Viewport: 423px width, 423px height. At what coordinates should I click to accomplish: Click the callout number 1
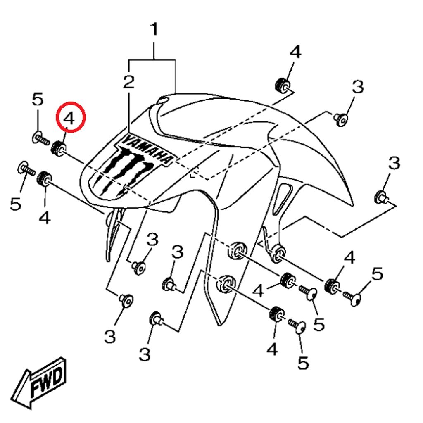coord(154,29)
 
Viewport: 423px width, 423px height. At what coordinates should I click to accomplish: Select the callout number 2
coord(129,82)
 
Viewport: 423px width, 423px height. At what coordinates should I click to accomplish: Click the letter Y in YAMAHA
coord(126,140)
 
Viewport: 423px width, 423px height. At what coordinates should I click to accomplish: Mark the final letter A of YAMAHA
coord(167,159)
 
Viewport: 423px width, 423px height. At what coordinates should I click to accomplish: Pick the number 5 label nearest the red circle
coord(38,99)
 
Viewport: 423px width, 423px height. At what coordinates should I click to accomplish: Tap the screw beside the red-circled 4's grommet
coord(40,138)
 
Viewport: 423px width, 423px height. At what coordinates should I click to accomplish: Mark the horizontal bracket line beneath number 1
coord(152,59)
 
